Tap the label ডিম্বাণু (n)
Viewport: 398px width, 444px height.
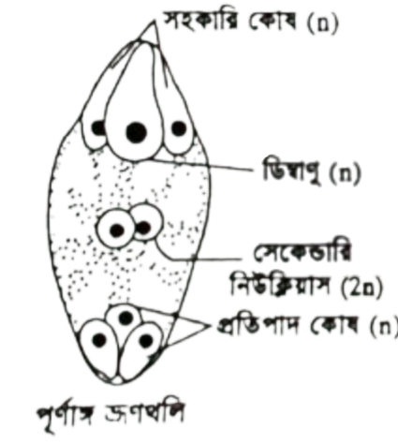click(312, 174)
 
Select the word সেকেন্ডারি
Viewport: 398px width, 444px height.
click(302, 256)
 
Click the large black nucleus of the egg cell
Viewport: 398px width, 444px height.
click(137, 132)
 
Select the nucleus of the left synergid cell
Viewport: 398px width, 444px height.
click(98, 127)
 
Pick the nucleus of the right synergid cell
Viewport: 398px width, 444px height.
click(179, 128)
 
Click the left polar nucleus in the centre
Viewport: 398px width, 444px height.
click(117, 230)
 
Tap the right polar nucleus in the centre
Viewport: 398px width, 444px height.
click(143, 228)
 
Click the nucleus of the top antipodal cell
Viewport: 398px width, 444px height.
click(125, 318)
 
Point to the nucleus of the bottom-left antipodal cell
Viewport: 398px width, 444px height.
click(99, 340)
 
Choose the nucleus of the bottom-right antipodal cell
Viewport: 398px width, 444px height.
click(146, 341)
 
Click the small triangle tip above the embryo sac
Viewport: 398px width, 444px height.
click(154, 22)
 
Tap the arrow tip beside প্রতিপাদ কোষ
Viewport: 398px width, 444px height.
click(209, 327)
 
